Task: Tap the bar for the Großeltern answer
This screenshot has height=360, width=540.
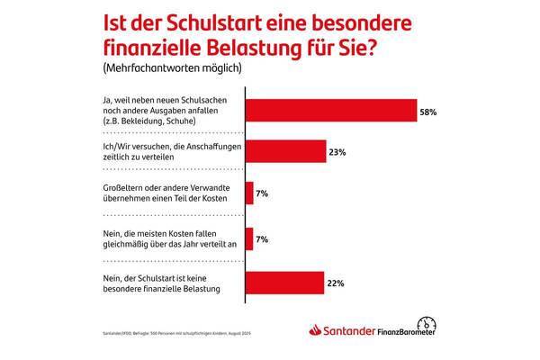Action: click(x=249, y=193)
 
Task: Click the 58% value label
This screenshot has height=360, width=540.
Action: click(x=429, y=112)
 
